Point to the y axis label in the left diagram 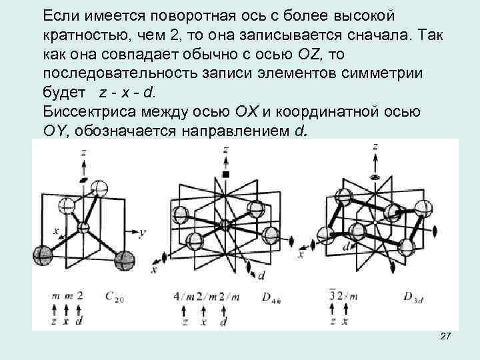[143, 233]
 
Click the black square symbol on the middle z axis [225, 174]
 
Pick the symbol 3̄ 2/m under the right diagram [345, 295]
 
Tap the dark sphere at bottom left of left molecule [42, 255]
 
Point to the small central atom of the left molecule [83, 228]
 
